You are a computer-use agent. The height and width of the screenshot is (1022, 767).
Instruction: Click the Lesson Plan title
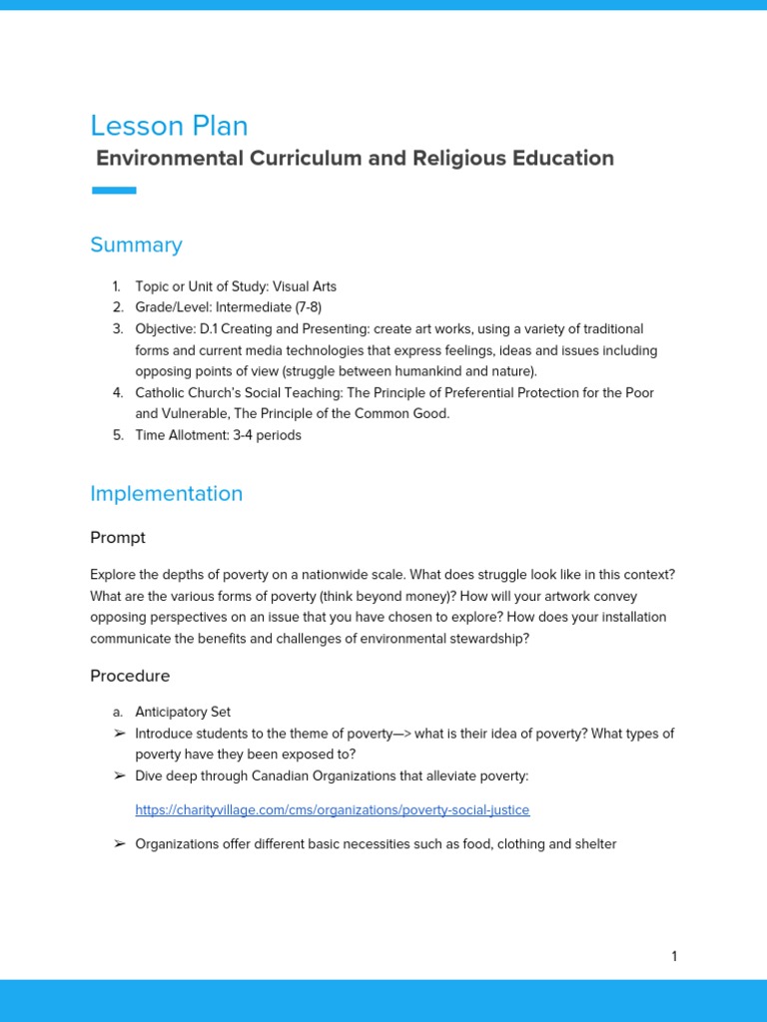point(169,126)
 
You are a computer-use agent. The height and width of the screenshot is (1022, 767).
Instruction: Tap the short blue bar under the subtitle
point(114,191)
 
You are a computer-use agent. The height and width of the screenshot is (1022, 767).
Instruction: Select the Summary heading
point(136,245)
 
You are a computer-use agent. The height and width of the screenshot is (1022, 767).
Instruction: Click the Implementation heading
point(166,493)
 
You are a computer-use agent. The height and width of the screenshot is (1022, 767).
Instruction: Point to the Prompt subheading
point(118,538)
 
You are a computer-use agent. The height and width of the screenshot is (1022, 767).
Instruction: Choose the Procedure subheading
point(130,676)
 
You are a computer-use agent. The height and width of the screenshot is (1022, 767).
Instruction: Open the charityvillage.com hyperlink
point(333,809)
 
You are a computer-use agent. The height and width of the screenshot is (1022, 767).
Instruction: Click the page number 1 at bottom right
point(674,956)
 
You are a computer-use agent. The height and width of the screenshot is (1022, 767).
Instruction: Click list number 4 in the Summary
point(117,392)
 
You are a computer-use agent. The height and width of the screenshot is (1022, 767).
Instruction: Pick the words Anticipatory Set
point(183,712)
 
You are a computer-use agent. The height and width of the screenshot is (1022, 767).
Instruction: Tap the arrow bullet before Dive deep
point(120,775)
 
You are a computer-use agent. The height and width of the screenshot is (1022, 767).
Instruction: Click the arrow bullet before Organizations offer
point(120,844)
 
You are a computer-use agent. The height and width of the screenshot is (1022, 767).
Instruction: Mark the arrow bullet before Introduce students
point(120,734)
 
